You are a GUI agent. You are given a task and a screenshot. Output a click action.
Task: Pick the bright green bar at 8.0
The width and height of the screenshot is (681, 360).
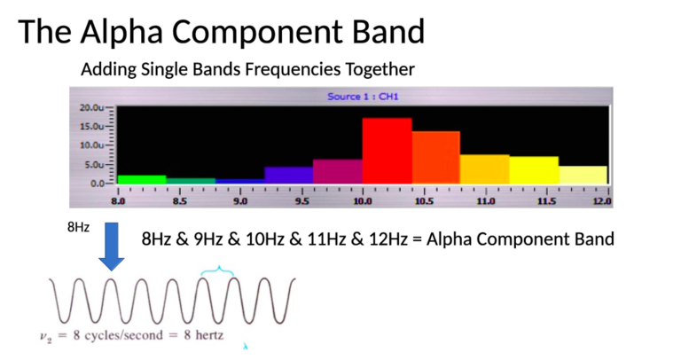pyautogui.click(x=141, y=179)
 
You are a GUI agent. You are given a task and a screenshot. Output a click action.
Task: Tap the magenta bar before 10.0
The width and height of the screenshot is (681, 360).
pyautogui.click(x=337, y=170)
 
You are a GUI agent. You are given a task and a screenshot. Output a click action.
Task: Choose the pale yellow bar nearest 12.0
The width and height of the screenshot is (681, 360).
pyautogui.click(x=583, y=174)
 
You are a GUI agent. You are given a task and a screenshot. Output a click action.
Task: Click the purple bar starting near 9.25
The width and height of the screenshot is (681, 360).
pyautogui.click(x=288, y=174)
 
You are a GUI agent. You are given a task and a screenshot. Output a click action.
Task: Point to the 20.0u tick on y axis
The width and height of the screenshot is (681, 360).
pyautogui.click(x=92, y=106)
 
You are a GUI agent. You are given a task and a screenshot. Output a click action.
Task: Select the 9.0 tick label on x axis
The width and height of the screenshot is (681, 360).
pyautogui.click(x=239, y=201)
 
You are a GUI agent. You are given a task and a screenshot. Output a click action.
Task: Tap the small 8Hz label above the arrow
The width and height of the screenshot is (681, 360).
pyautogui.click(x=78, y=228)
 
